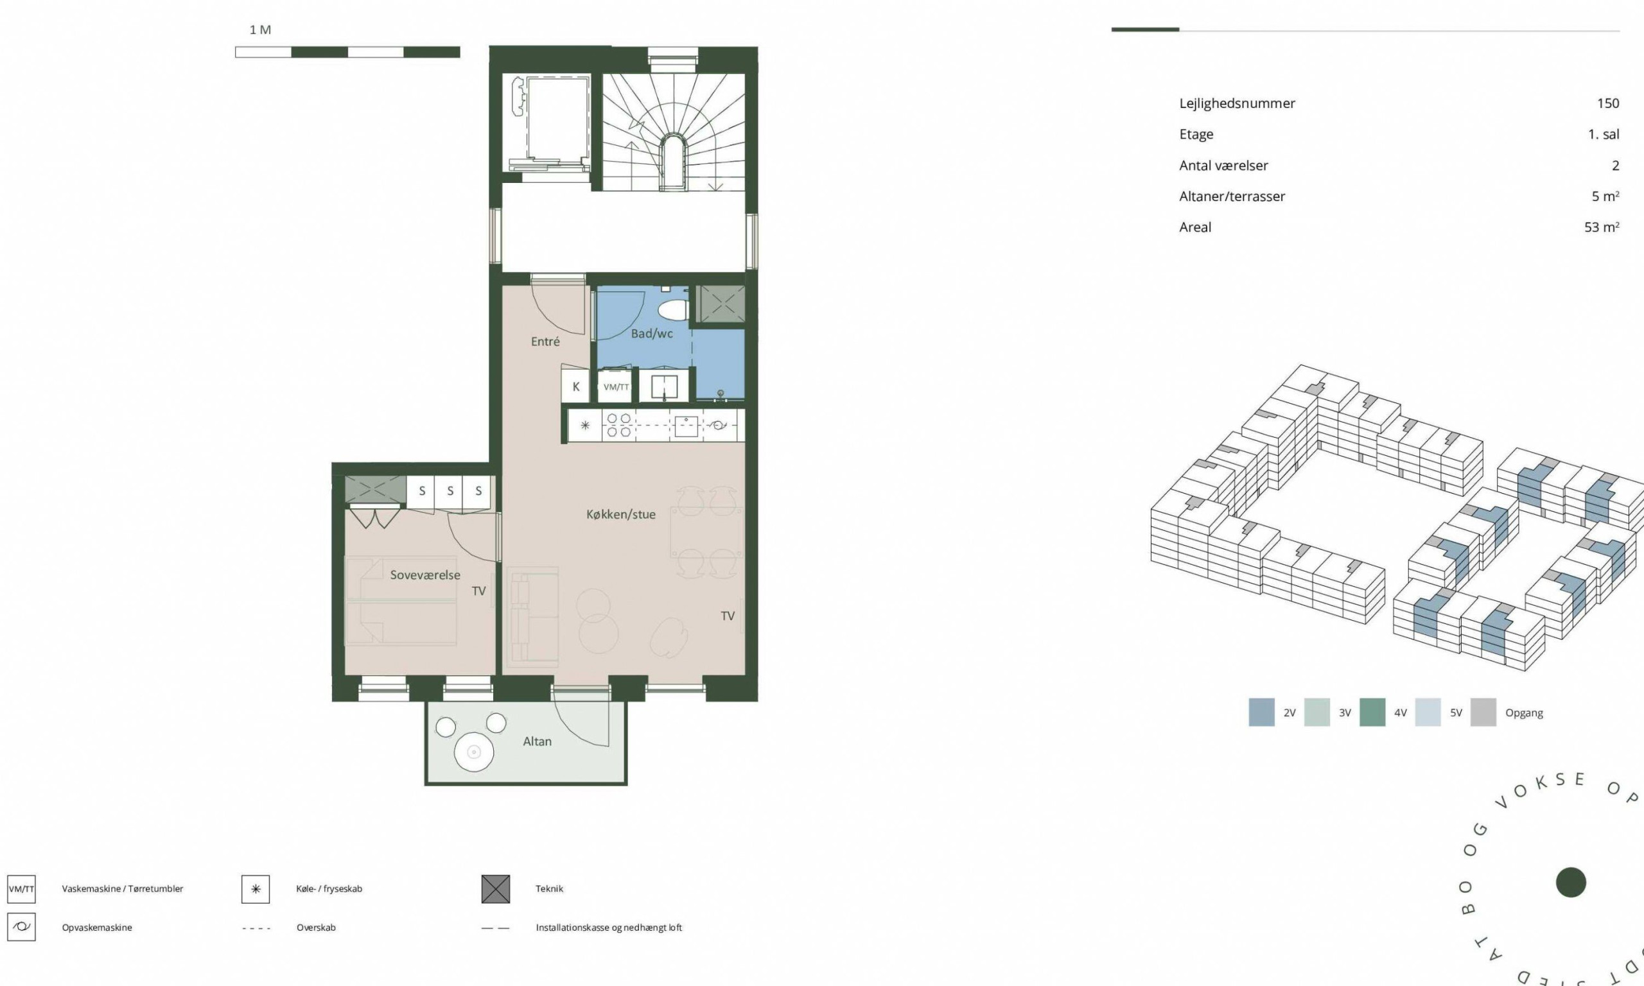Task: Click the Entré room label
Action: coord(545,342)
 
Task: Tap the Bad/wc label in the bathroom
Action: coord(652,334)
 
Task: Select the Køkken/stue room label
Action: coord(620,514)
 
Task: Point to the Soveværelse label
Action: coord(424,575)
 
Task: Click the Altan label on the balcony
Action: coord(537,741)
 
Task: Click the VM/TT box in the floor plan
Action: coord(615,386)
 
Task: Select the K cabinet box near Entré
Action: coord(575,386)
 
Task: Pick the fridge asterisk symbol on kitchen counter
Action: coord(585,425)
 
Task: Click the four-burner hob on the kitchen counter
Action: coord(618,425)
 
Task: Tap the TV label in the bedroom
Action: coord(478,591)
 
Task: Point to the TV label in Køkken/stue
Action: coord(728,616)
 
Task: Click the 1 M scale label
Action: coord(260,30)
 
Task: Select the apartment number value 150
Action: coord(1608,103)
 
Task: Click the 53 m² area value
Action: coord(1602,227)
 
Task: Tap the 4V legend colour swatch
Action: coord(1372,713)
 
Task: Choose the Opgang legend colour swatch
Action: coord(1483,713)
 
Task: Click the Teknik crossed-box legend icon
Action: coord(496,889)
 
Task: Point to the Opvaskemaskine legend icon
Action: coord(21,927)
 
